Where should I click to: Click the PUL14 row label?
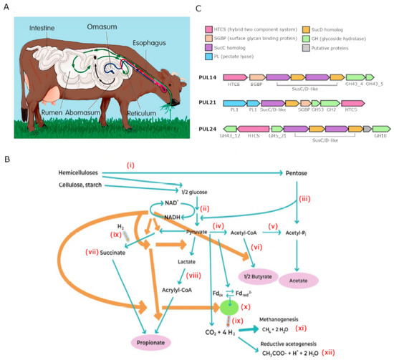click(206, 76)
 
